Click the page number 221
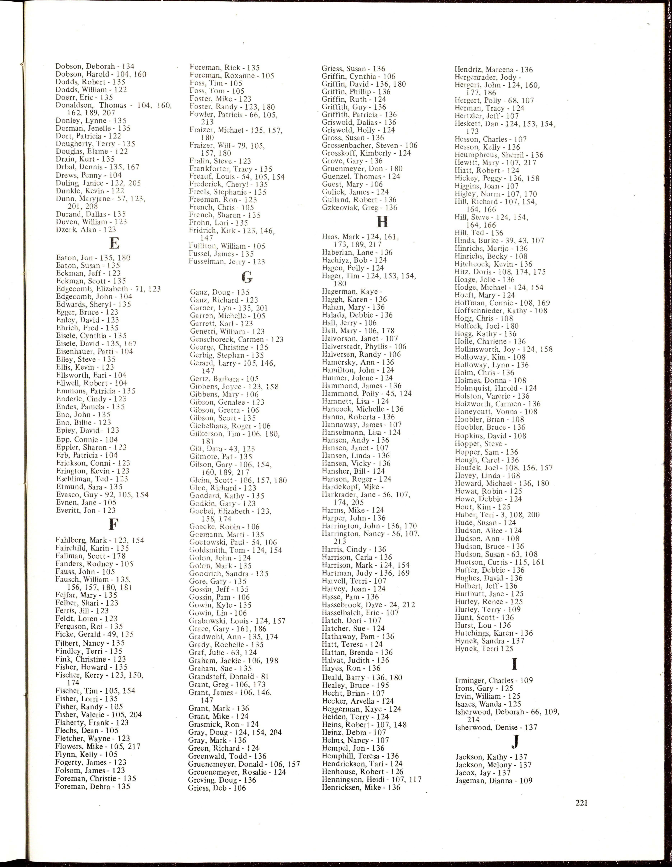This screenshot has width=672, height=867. [x=581, y=803]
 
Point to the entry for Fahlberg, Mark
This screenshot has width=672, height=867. [x=100, y=540]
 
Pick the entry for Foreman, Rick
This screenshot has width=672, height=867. [x=225, y=68]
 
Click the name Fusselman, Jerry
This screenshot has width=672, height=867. [x=227, y=262]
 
